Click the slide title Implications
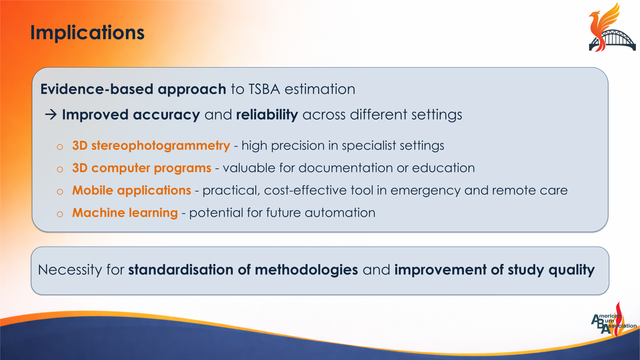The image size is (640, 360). tap(87, 33)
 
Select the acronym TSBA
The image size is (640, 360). tap(264, 89)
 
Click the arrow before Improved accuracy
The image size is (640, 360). tap(51, 115)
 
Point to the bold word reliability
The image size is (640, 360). tap(267, 115)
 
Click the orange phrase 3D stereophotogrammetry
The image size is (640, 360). tap(151, 146)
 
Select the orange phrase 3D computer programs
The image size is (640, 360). tap(142, 168)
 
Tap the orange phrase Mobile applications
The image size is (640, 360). tap(132, 190)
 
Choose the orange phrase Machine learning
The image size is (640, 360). tap(125, 213)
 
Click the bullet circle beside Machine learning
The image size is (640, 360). tap(60, 214)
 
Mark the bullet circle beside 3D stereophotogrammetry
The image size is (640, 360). tap(60, 147)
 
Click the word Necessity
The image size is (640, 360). tap(70, 270)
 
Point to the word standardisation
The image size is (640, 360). tap(180, 270)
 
